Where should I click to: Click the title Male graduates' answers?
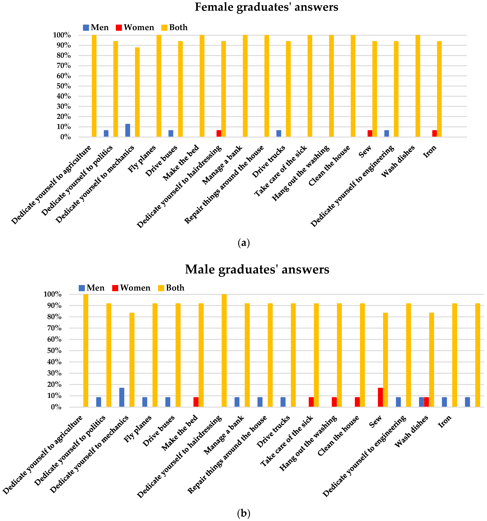pos(257,269)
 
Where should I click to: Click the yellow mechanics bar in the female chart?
pos(137,92)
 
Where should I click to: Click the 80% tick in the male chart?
pos(54,317)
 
